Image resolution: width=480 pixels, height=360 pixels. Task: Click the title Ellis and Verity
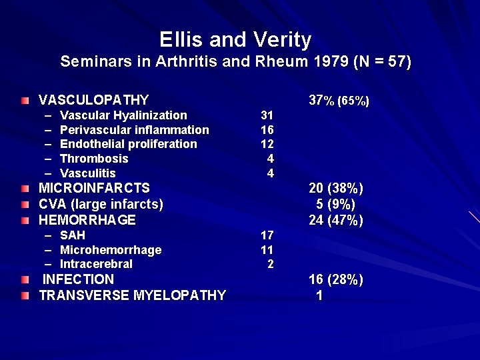235,40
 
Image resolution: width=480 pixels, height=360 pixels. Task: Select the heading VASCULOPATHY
93,100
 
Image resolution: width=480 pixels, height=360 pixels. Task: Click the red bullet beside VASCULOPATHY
25,101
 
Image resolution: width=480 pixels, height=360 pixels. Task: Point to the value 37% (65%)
339,101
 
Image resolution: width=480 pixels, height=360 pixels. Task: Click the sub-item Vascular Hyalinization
123,115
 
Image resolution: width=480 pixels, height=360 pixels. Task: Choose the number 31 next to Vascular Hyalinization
267,115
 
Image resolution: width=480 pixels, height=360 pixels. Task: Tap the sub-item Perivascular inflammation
134,130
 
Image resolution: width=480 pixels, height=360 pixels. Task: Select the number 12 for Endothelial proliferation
267,144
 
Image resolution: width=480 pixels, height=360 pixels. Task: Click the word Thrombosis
94,159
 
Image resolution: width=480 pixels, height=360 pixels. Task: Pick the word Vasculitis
87,173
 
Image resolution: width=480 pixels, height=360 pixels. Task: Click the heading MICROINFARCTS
94,188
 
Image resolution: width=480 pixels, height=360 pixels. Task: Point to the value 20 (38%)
336,189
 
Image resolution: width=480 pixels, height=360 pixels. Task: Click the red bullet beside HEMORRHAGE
25,221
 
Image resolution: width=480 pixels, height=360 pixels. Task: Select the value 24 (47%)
336,220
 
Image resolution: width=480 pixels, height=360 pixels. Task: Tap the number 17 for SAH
267,235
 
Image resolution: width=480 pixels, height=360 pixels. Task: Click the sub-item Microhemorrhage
110,250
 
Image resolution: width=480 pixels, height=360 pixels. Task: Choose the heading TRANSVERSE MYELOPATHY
132,295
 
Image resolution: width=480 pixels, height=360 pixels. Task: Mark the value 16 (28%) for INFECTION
336,279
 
